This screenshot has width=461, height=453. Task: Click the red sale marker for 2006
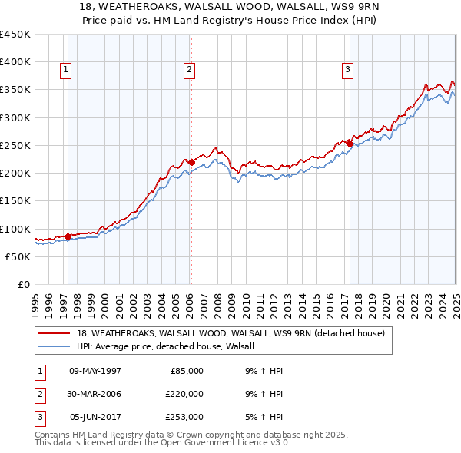pyautogui.click(x=191, y=162)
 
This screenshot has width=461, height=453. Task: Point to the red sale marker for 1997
pyautogui.click(x=68, y=237)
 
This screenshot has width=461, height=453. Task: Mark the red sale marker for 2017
pyautogui.click(x=350, y=144)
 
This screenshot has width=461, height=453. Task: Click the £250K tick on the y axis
pyautogui.click(x=15, y=145)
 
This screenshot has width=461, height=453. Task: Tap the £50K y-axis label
pyautogui.click(x=18, y=256)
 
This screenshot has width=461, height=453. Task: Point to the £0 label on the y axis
pyautogui.click(x=25, y=284)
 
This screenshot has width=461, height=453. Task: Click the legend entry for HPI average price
pyautogui.click(x=171, y=347)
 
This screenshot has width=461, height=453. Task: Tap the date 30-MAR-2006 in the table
pyautogui.click(x=95, y=394)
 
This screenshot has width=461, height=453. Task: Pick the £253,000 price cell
pyautogui.click(x=184, y=417)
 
